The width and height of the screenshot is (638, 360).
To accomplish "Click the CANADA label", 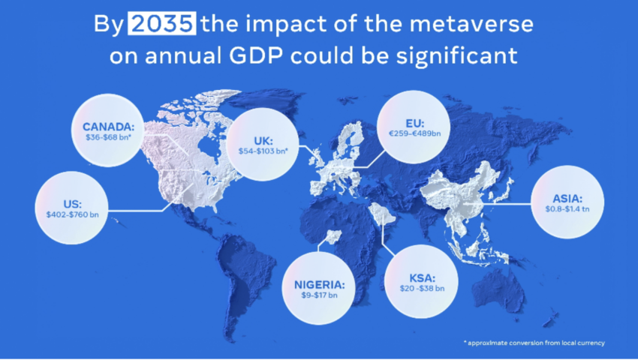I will [109, 126].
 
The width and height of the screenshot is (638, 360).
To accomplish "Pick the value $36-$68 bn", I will [109, 138].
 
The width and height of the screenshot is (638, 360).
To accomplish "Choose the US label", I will [74, 203].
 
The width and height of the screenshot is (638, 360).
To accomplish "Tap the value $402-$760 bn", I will [74, 215].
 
